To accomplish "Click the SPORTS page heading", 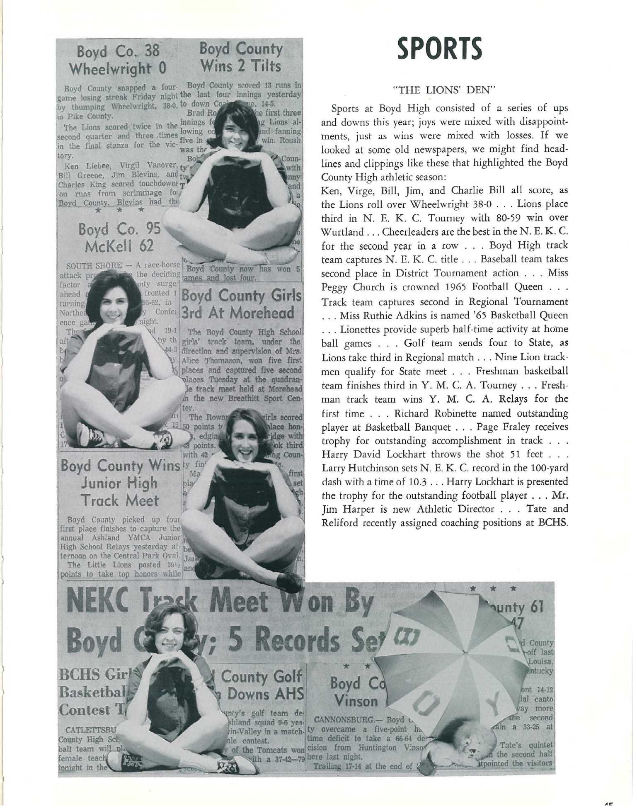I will (440, 49).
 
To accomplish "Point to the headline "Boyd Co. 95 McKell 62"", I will (119, 238).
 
